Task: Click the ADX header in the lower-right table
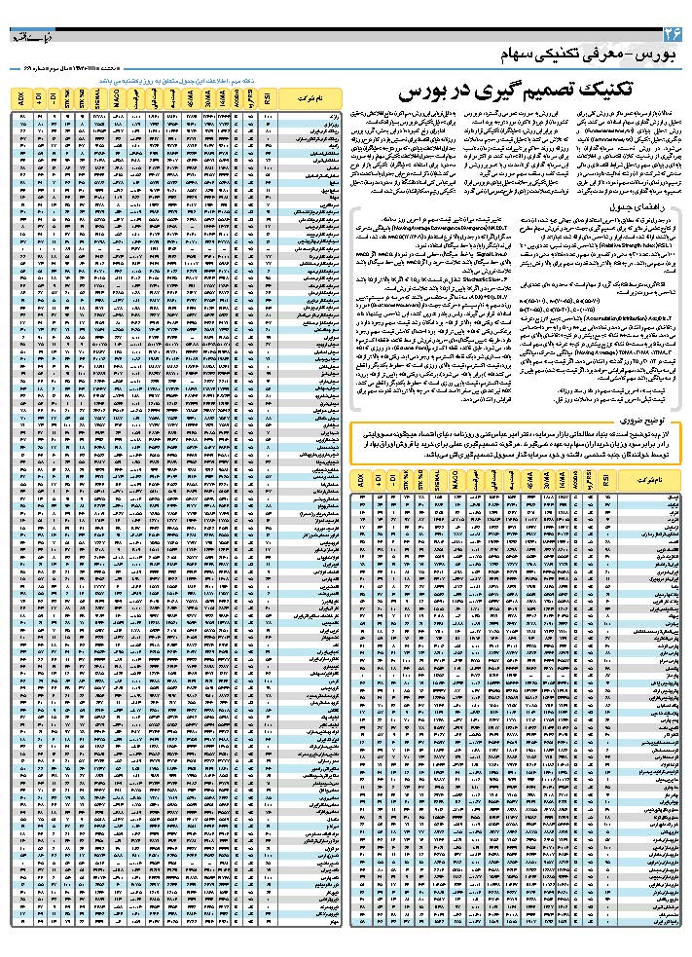coord(361,480)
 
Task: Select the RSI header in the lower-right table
coord(608,480)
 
